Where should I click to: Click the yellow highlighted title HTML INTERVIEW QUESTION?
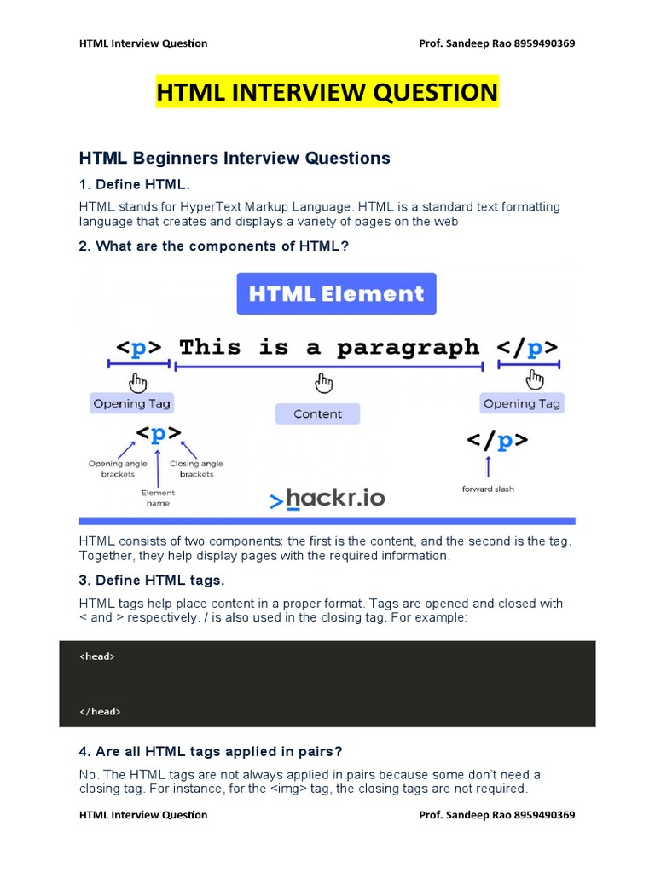tap(327, 92)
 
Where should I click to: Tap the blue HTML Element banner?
tap(336, 293)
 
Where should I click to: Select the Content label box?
tap(317, 413)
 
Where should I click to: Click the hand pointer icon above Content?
tap(323, 383)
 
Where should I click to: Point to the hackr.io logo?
tap(327, 498)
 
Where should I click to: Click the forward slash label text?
tap(488, 489)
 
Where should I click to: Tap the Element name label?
tap(158, 498)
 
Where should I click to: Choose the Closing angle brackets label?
tap(196, 469)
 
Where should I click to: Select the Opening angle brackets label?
tap(118, 469)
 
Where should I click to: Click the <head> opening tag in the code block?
tap(97, 656)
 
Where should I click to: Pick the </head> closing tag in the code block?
tap(100, 712)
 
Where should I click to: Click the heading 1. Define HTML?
tap(134, 184)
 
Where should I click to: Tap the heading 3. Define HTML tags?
tap(152, 580)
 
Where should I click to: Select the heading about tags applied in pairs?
tap(211, 752)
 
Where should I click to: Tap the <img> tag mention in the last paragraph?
tap(288, 789)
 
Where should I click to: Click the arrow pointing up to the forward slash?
tap(489, 466)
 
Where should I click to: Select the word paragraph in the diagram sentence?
tap(408, 348)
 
